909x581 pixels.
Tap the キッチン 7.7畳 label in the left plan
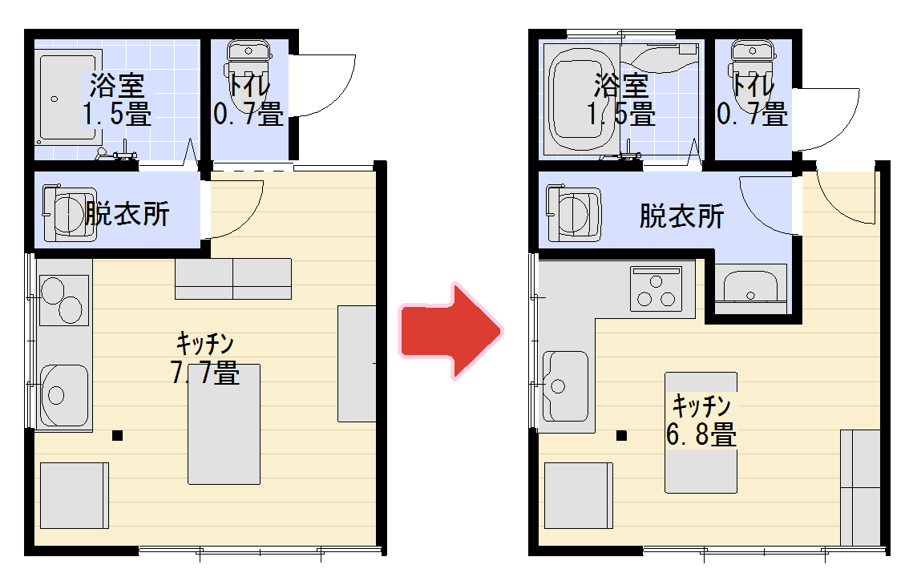pos(205,357)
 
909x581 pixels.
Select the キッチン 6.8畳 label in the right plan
pos(701,421)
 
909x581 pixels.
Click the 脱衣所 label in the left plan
pos(127,213)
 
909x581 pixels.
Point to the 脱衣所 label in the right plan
pos(681,216)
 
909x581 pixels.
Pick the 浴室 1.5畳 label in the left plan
pos(116,99)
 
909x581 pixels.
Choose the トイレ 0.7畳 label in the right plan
pos(752,99)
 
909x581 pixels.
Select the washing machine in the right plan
pos(573,213)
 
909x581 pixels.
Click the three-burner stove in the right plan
pos(656,288)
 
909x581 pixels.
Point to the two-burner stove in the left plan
pos(64,300)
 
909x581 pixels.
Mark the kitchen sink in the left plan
pos(63,396)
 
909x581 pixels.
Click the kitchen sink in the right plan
pos(565,386)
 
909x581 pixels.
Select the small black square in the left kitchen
pos(117,435)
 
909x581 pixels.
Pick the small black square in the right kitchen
pos(621,435)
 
